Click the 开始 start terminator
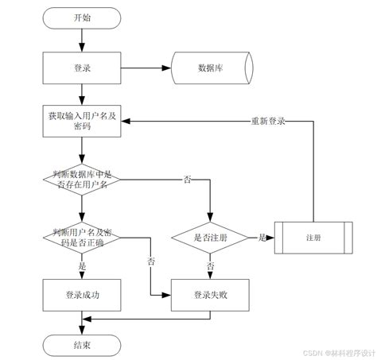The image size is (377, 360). (82, 17)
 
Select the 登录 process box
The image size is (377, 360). (82, 68)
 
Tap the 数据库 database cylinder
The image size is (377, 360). (211, 68)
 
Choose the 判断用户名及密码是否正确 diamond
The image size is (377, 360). (82, 237)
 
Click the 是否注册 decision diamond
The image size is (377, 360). (210, 237)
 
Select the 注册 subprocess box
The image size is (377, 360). (313, 237)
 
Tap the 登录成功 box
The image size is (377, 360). (82, 294)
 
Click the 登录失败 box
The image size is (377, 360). (210, 294)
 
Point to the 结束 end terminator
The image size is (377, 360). (82, 345)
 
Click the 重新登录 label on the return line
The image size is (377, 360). (268, 121)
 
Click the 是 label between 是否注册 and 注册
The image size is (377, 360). (260, 237)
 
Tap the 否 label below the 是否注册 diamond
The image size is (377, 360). (210, 265)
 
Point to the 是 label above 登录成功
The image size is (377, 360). (82, 266)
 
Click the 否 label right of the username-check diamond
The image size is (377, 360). (187, 180)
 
